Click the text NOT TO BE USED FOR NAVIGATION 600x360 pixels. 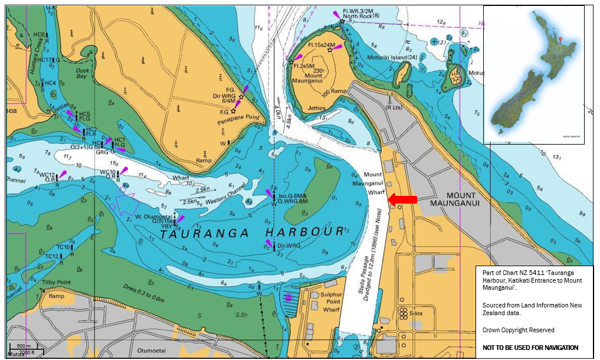pyautogui.click(x=530, y=348)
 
